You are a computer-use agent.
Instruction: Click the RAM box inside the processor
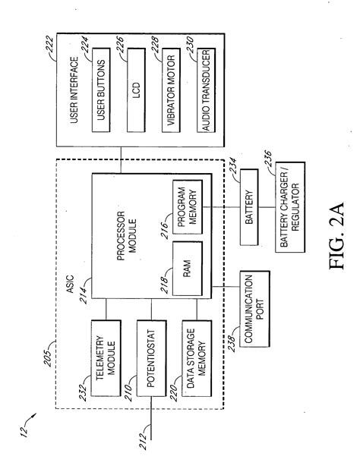pyautogui.click(x=186, y=270)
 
